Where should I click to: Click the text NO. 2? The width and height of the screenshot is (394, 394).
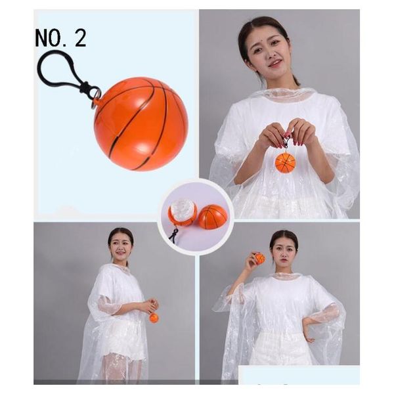tap(60, 38)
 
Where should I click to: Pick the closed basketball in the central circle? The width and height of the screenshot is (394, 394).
tap(213, 216)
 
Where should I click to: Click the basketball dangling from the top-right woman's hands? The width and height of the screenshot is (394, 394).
tap(285, 162)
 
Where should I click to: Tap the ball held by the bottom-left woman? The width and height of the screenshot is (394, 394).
tap(154, 317)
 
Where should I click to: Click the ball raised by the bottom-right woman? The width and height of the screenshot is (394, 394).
tap(260, 259)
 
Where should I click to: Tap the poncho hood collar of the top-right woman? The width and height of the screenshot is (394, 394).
tap(282, 93)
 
